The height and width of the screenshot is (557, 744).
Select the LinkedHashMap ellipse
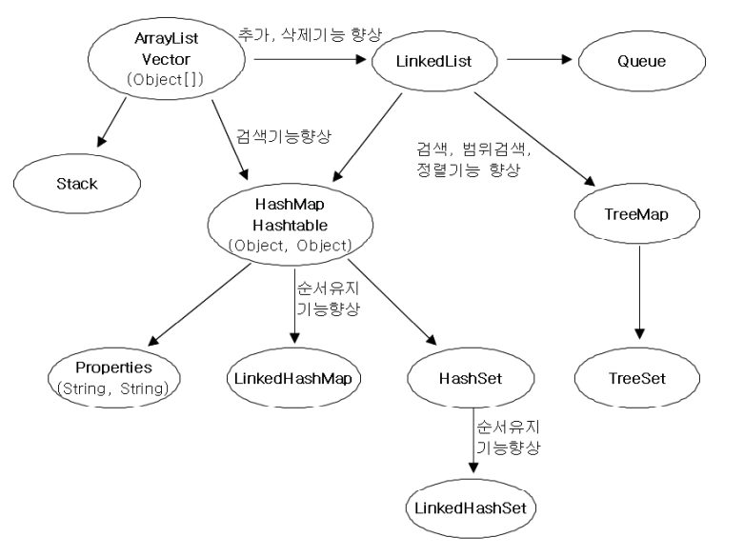click(294, 379)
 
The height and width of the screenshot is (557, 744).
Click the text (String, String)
click(115, 388)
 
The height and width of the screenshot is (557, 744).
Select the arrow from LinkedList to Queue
click(538, 60)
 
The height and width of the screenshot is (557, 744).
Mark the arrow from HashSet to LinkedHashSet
click(473, 440)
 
